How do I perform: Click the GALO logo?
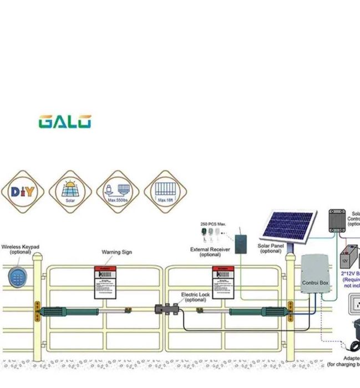click(65, 122)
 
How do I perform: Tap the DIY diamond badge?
click(22, 192)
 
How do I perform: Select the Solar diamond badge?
click(70, 192)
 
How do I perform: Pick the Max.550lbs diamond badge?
click(118, 192)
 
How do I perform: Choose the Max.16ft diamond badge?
click(165, 192)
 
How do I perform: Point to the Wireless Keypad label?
click(21, 250)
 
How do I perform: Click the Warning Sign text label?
click(116, 252)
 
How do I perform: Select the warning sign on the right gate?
click(225, 283)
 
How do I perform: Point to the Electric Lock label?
click(195, 297)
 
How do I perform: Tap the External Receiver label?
click(210, 252)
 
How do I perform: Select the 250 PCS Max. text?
click(214, 224)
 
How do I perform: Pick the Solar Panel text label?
click(271, 248)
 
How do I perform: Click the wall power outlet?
click(354, 305)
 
